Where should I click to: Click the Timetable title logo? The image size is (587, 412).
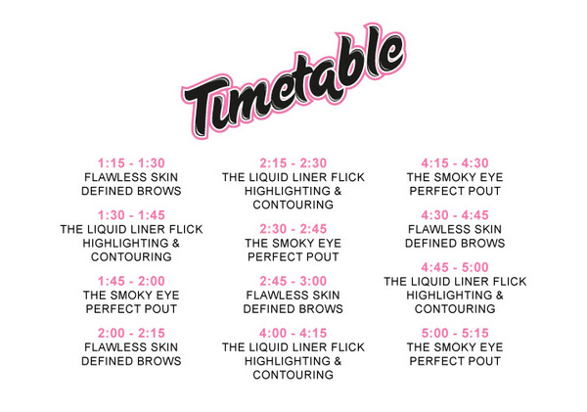click(293, 82)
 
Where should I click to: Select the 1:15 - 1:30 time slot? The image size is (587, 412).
click(131, 163)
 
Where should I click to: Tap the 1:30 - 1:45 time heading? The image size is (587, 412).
click(131, 215)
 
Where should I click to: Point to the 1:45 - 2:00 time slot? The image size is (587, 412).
click(131, 281)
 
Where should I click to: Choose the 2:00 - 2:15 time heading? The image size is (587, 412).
click(131, 333)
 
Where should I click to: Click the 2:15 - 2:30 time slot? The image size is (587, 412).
click(293, 163)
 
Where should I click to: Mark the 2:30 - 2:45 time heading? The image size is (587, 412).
click(293, 229)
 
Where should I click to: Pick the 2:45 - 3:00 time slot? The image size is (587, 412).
click(293, 281)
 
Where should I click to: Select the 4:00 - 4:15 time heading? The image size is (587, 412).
click(293, 333)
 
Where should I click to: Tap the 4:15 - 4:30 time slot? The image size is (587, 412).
click(455, 163)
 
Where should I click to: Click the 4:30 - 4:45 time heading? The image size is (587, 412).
click(455, 215)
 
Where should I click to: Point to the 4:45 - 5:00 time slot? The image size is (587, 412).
click(455, 267)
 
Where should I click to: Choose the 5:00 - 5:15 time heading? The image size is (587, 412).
click(455, 333)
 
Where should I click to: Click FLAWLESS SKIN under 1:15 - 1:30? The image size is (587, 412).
click(131, 177)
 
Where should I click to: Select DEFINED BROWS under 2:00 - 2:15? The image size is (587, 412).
click(131, 361)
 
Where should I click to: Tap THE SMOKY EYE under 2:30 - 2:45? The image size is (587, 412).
click(293, 244)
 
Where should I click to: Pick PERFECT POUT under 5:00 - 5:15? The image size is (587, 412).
click(455, 361)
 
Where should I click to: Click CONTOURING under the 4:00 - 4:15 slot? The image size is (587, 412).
click(293, 375)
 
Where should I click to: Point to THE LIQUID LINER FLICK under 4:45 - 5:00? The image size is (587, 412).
click(455, 281)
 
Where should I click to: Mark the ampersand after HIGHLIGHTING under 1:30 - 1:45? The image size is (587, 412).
click(175, 244)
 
